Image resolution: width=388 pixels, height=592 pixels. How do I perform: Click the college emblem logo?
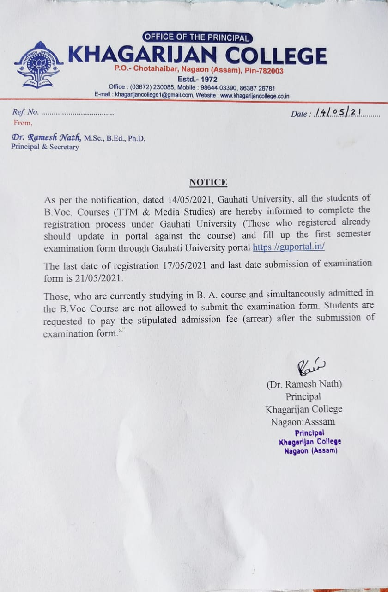[x=38, y=65]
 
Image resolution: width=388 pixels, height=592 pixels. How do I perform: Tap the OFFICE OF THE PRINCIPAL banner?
[x=197, y=37]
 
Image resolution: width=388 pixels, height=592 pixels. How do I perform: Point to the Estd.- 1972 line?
[x=197, y=79]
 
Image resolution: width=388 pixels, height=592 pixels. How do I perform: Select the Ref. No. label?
[x=25, y=112]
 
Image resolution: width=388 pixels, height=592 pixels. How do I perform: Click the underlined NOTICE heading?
[x=208, y=182]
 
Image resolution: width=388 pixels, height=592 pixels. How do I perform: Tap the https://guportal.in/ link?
[x=288, y=247]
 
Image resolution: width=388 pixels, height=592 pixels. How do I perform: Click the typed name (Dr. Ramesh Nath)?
[x=304, y=384]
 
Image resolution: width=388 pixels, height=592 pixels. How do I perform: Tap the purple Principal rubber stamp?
[x=310, y=442]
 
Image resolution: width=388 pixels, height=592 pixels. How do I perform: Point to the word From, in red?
[x=23, y=123]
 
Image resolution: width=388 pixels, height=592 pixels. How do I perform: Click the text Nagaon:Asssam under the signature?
[x=303, y=422]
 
